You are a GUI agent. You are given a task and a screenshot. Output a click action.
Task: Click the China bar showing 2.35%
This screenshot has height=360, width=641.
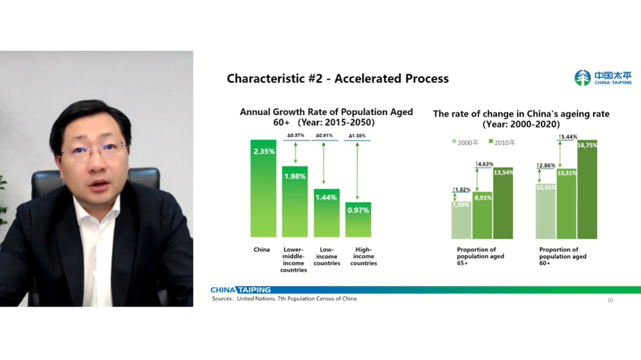click(x=263, y=188)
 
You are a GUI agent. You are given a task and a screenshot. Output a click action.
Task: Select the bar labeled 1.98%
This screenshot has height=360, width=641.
click(x=295, y=201)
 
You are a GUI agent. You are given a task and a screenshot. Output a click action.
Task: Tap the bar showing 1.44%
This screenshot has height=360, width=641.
click(x=327, y=213)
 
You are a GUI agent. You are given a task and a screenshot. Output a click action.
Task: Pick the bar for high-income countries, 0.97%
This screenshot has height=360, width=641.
click(x=358, y=220)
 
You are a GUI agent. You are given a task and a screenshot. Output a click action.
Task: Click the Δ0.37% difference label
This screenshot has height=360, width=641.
click(x=296, y=135)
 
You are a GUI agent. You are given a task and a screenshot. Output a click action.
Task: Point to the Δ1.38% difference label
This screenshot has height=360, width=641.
click(x=357, y=136)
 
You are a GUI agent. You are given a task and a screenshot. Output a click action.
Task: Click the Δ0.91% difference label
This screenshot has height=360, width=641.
click(x=324, y=135)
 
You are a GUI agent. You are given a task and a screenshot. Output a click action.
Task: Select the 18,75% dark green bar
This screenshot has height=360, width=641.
click(x=587, y=190)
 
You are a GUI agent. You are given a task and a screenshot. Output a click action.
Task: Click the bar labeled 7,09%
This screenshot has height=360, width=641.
click(x=461, y=220)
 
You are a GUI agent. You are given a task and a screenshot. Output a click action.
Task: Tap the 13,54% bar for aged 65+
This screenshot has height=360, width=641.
click(x=503, y=203)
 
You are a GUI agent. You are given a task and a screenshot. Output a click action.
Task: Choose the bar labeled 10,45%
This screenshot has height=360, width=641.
click(x=546, y=211)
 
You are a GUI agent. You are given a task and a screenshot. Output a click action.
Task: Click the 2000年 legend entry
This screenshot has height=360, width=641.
click(x=465, y=142)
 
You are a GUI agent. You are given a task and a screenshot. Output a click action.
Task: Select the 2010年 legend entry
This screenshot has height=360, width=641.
click(x=502, y=142)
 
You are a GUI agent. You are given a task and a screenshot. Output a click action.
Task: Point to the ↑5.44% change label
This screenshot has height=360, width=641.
click(x=568, y=137)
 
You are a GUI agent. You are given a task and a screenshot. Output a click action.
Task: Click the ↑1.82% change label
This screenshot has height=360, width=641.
click(x=461, y=190)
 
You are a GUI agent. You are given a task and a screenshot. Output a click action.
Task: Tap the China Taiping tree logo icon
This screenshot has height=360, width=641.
click(x=583, y=78)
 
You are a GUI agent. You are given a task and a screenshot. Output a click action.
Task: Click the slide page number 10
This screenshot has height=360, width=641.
click(x=610, y=300)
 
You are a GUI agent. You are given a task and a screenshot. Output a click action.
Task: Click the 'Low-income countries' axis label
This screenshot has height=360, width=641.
click(x=327, y=256)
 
